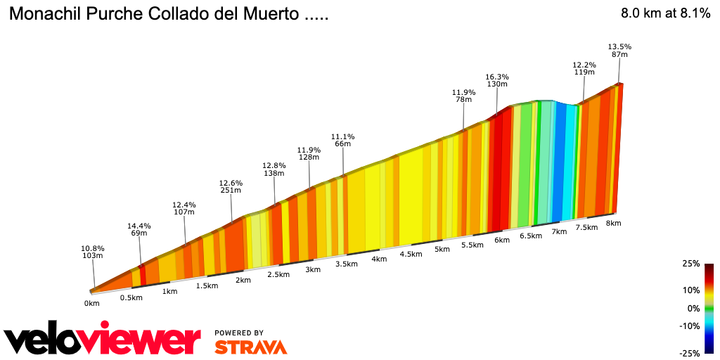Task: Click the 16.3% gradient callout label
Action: pyautogui.click(x=497, y=77)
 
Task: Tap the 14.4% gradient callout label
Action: pyautogui.click(x=139, y=226)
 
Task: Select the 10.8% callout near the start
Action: pyautogui.click(x=93, y=248)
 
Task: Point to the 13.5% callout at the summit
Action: pyautogui.click(x=619, y=46)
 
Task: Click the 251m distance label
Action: pyautogui.click(x=231, y=190)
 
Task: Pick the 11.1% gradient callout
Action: pyautogui.click(x=343, y=136)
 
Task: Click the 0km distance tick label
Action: pyautogui.click(x=92, y=303)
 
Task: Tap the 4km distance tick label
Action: pyautogui.click(x=379, y=259)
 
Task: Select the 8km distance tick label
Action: pyautogui.click(x=614, y=223)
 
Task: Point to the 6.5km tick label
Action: pyautogui.click(x=531, y=236)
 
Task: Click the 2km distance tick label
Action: pyautogui.click(x=243, y=280)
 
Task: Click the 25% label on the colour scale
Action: pyautogui.click(x=691, y=264)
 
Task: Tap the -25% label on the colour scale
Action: pyautogui.click(x=690, y=352)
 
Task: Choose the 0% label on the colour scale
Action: pyautogui.click(x=693, y=308)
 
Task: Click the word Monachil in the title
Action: pyautogui.click(x=44, y=14)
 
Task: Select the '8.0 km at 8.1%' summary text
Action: pyautogui.click(x=665, y=13)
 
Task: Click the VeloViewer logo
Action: pyautogui.click(x=102, y=340)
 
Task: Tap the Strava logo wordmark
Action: pyautogui.click(x=250, y=347)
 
